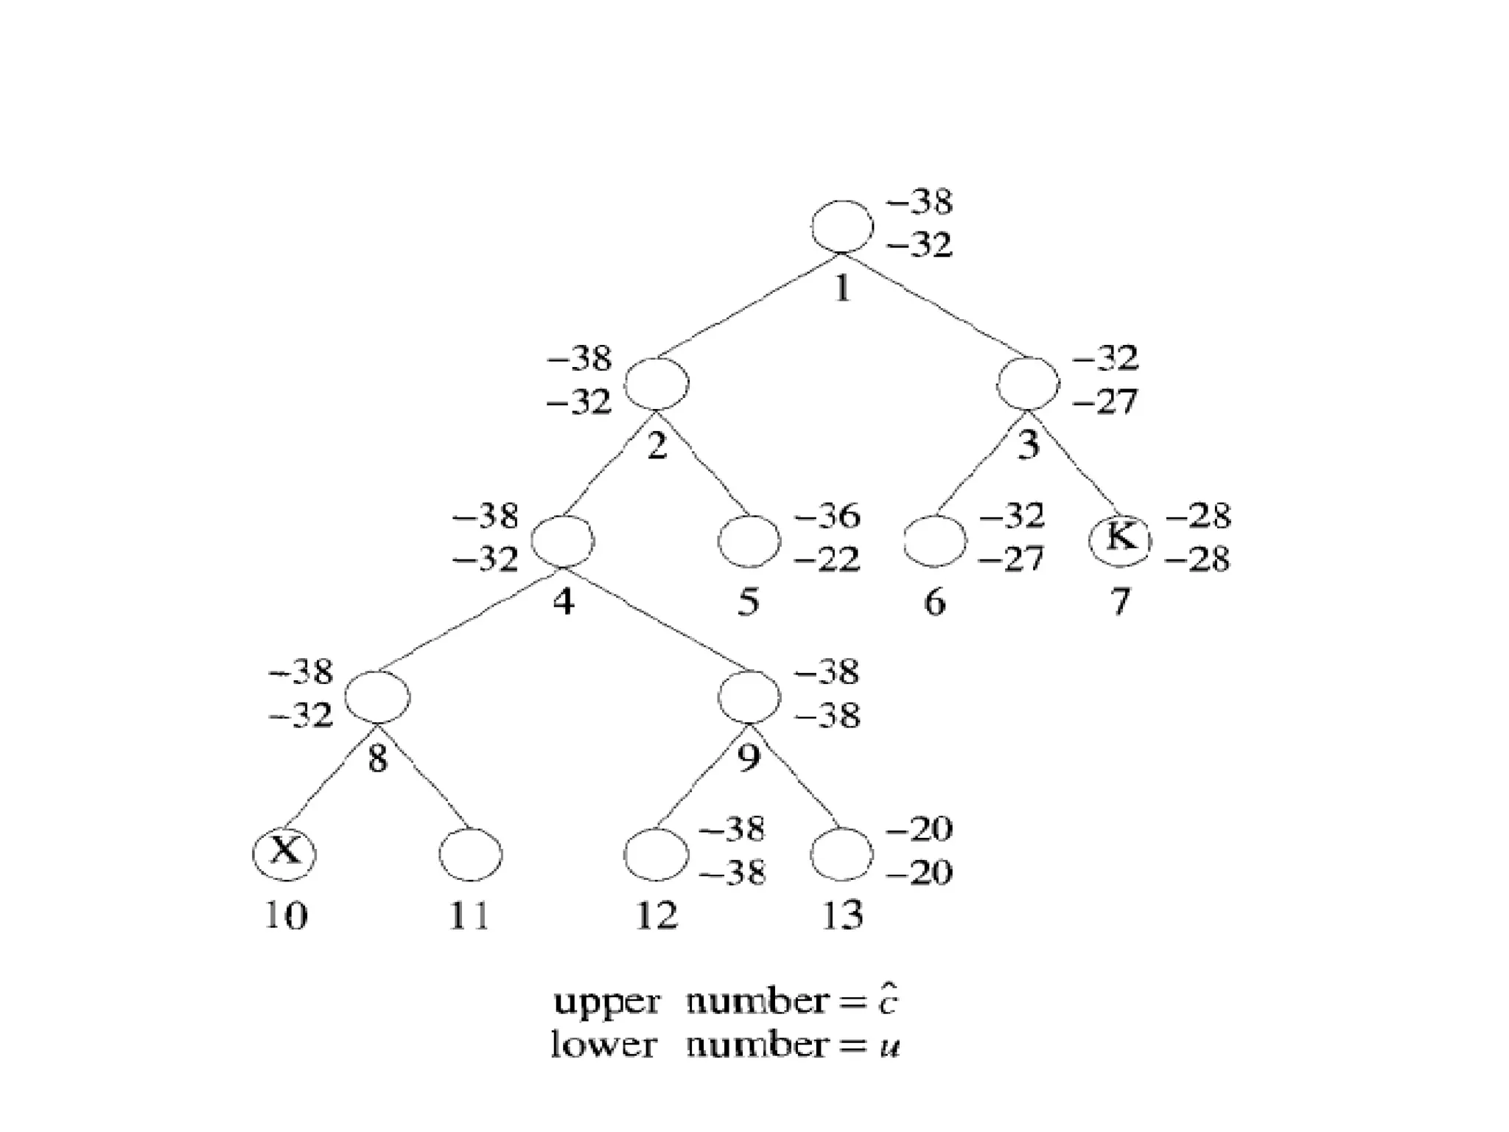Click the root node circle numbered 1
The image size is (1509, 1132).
click(x=842, y=227)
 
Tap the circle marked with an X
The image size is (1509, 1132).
click(x=284, y=853)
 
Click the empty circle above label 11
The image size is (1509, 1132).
click(x=471, y=855)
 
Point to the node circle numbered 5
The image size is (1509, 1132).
click(x=749, y=541)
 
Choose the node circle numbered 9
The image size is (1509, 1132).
click(x=749, y=697)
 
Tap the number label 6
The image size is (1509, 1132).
click(x=934, y=603)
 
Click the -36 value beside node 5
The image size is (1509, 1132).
click(x=827, y=517)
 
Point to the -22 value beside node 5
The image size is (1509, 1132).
click(x=827, y=560)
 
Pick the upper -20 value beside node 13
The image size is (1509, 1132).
click(x=920, y=830)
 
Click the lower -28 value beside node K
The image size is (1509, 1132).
click(x=1198, y=560)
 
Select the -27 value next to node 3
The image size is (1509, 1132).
click(x=1105, y=402)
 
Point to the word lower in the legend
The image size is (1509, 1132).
click(x=603, y=1045)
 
